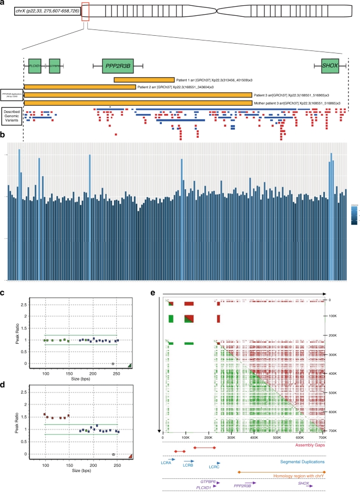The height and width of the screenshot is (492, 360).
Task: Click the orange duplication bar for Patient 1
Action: click(x=144, y=79)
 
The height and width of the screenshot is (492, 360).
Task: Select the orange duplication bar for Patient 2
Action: click(x=79, y=87)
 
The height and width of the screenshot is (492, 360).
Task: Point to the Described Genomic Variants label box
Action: click(x=12, y=114)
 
